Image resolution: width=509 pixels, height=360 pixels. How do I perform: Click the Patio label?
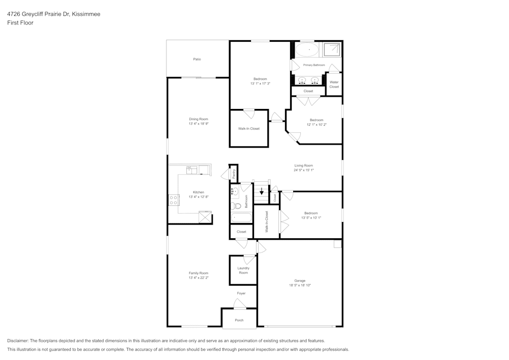[197, 60]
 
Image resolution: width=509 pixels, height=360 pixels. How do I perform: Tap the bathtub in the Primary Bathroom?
[307, 49]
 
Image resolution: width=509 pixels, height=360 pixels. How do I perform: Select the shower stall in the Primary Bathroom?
[333, 49]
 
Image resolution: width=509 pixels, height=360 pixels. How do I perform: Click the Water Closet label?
[334, 85]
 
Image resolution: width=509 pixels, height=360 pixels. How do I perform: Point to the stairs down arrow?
[262, 192]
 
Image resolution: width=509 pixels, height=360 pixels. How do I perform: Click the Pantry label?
[234, 173]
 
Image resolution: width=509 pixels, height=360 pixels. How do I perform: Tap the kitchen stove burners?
[174, 200]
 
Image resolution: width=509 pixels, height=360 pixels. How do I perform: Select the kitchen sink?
[192, 171]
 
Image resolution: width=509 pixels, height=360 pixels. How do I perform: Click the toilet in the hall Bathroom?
[235, 207]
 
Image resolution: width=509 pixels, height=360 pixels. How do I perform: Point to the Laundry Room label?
[243, 270]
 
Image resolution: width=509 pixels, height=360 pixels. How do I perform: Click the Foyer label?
[241, 293]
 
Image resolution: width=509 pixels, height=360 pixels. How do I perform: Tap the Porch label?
[239, 320]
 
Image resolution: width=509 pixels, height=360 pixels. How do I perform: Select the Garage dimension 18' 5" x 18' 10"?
[300, 285]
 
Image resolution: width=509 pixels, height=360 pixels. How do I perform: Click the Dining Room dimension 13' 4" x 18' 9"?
[199, 124]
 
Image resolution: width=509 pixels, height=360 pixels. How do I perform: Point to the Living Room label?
[303, 165]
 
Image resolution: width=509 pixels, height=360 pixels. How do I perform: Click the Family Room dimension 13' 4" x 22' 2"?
[199, 278]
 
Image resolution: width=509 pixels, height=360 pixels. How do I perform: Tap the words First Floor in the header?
[20, 23]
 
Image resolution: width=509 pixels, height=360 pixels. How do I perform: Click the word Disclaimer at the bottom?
[18, 341]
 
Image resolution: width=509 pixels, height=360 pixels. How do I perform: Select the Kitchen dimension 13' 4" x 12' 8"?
[199, 197]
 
